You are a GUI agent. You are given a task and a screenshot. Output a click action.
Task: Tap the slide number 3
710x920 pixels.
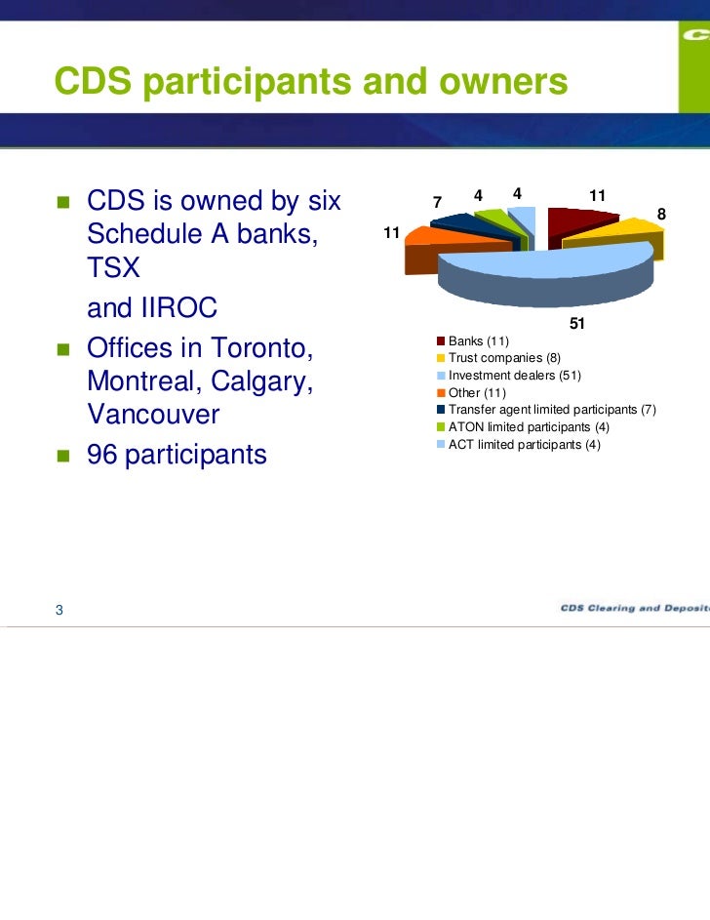59,610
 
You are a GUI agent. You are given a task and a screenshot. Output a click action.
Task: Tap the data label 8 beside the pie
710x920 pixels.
661,214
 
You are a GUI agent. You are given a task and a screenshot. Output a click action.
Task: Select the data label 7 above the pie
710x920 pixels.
439,202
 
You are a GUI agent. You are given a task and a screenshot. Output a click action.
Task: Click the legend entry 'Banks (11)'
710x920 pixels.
478,340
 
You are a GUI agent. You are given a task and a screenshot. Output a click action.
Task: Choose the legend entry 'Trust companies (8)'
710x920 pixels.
503,358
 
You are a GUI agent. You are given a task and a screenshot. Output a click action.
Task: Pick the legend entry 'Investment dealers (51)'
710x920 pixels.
514,375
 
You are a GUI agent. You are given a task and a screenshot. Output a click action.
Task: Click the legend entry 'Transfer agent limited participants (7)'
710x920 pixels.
552,410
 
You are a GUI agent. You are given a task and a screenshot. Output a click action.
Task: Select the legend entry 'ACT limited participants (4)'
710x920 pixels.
525,445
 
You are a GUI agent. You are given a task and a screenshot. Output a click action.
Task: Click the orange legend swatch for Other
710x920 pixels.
441,392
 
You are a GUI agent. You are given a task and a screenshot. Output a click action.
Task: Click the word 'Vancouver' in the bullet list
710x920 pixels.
153,415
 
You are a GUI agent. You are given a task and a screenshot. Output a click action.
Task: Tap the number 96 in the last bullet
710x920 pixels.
104,454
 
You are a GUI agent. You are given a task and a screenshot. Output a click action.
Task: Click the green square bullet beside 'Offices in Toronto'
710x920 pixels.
62,348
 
